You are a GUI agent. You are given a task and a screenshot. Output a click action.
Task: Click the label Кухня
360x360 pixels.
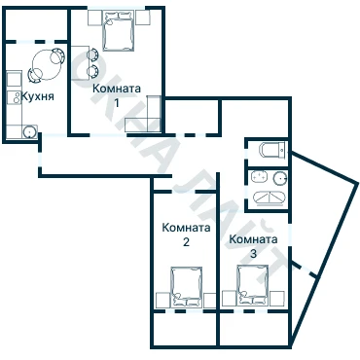(x=37, y=96)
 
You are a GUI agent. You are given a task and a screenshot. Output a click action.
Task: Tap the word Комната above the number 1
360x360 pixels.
(x=117, y=89)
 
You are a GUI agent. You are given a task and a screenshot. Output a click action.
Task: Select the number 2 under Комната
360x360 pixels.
(x=186, y=242)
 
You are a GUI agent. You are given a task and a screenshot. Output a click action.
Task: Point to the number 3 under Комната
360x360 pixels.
(x=253, y=254)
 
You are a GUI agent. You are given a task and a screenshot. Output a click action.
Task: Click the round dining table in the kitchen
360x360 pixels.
(x=47, y=65)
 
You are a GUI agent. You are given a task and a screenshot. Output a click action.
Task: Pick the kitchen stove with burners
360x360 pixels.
(x=14, y=97)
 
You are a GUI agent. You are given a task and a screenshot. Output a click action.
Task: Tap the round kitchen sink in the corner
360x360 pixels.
(x=30, y=131)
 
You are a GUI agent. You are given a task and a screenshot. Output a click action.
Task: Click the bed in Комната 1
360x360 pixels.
(x=119, y=30)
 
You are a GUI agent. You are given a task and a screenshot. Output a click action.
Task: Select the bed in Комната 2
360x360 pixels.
(x=187, y=287)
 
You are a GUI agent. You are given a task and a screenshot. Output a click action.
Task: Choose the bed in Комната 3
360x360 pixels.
(x=253, y=285)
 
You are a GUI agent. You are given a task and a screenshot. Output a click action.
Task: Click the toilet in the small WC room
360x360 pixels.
(x=272, y=150)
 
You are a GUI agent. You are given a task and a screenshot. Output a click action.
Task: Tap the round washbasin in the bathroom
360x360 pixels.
(x=280, y=178)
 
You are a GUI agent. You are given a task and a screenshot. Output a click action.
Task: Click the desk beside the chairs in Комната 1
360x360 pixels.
(x=80, y=62)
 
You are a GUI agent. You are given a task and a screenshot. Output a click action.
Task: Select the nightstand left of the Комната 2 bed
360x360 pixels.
(x=162, y=301)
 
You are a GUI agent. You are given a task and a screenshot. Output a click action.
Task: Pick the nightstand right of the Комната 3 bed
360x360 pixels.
(x=277, y=299)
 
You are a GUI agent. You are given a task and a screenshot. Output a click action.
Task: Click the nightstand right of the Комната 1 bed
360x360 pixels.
(x=143, y=18)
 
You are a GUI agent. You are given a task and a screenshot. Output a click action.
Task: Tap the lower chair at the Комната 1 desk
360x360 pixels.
(x=92, y=71)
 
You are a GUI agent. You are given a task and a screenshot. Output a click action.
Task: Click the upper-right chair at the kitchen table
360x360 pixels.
(x=57, y=56)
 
